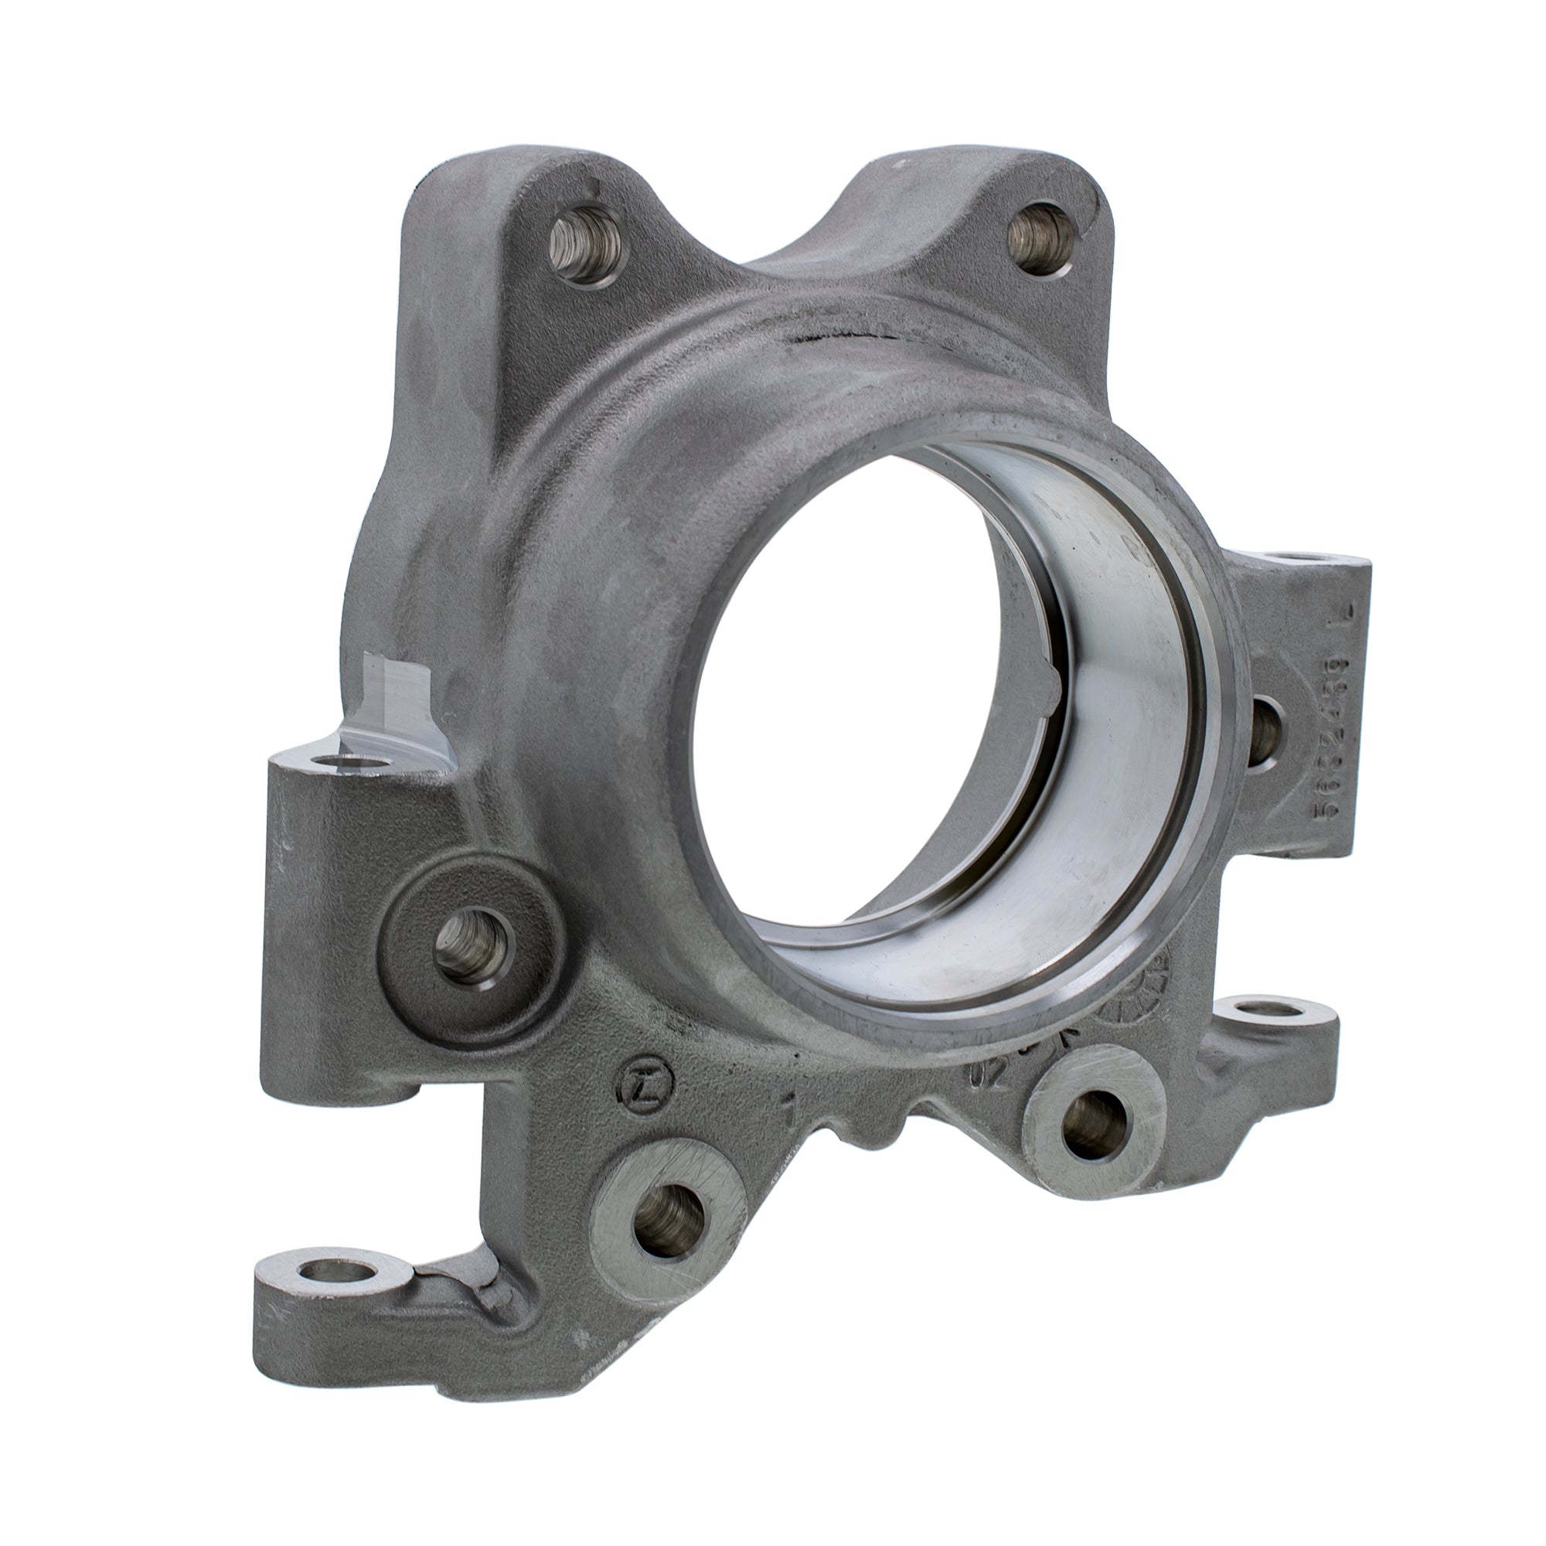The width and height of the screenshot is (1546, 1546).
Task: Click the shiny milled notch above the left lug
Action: point(392,704)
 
